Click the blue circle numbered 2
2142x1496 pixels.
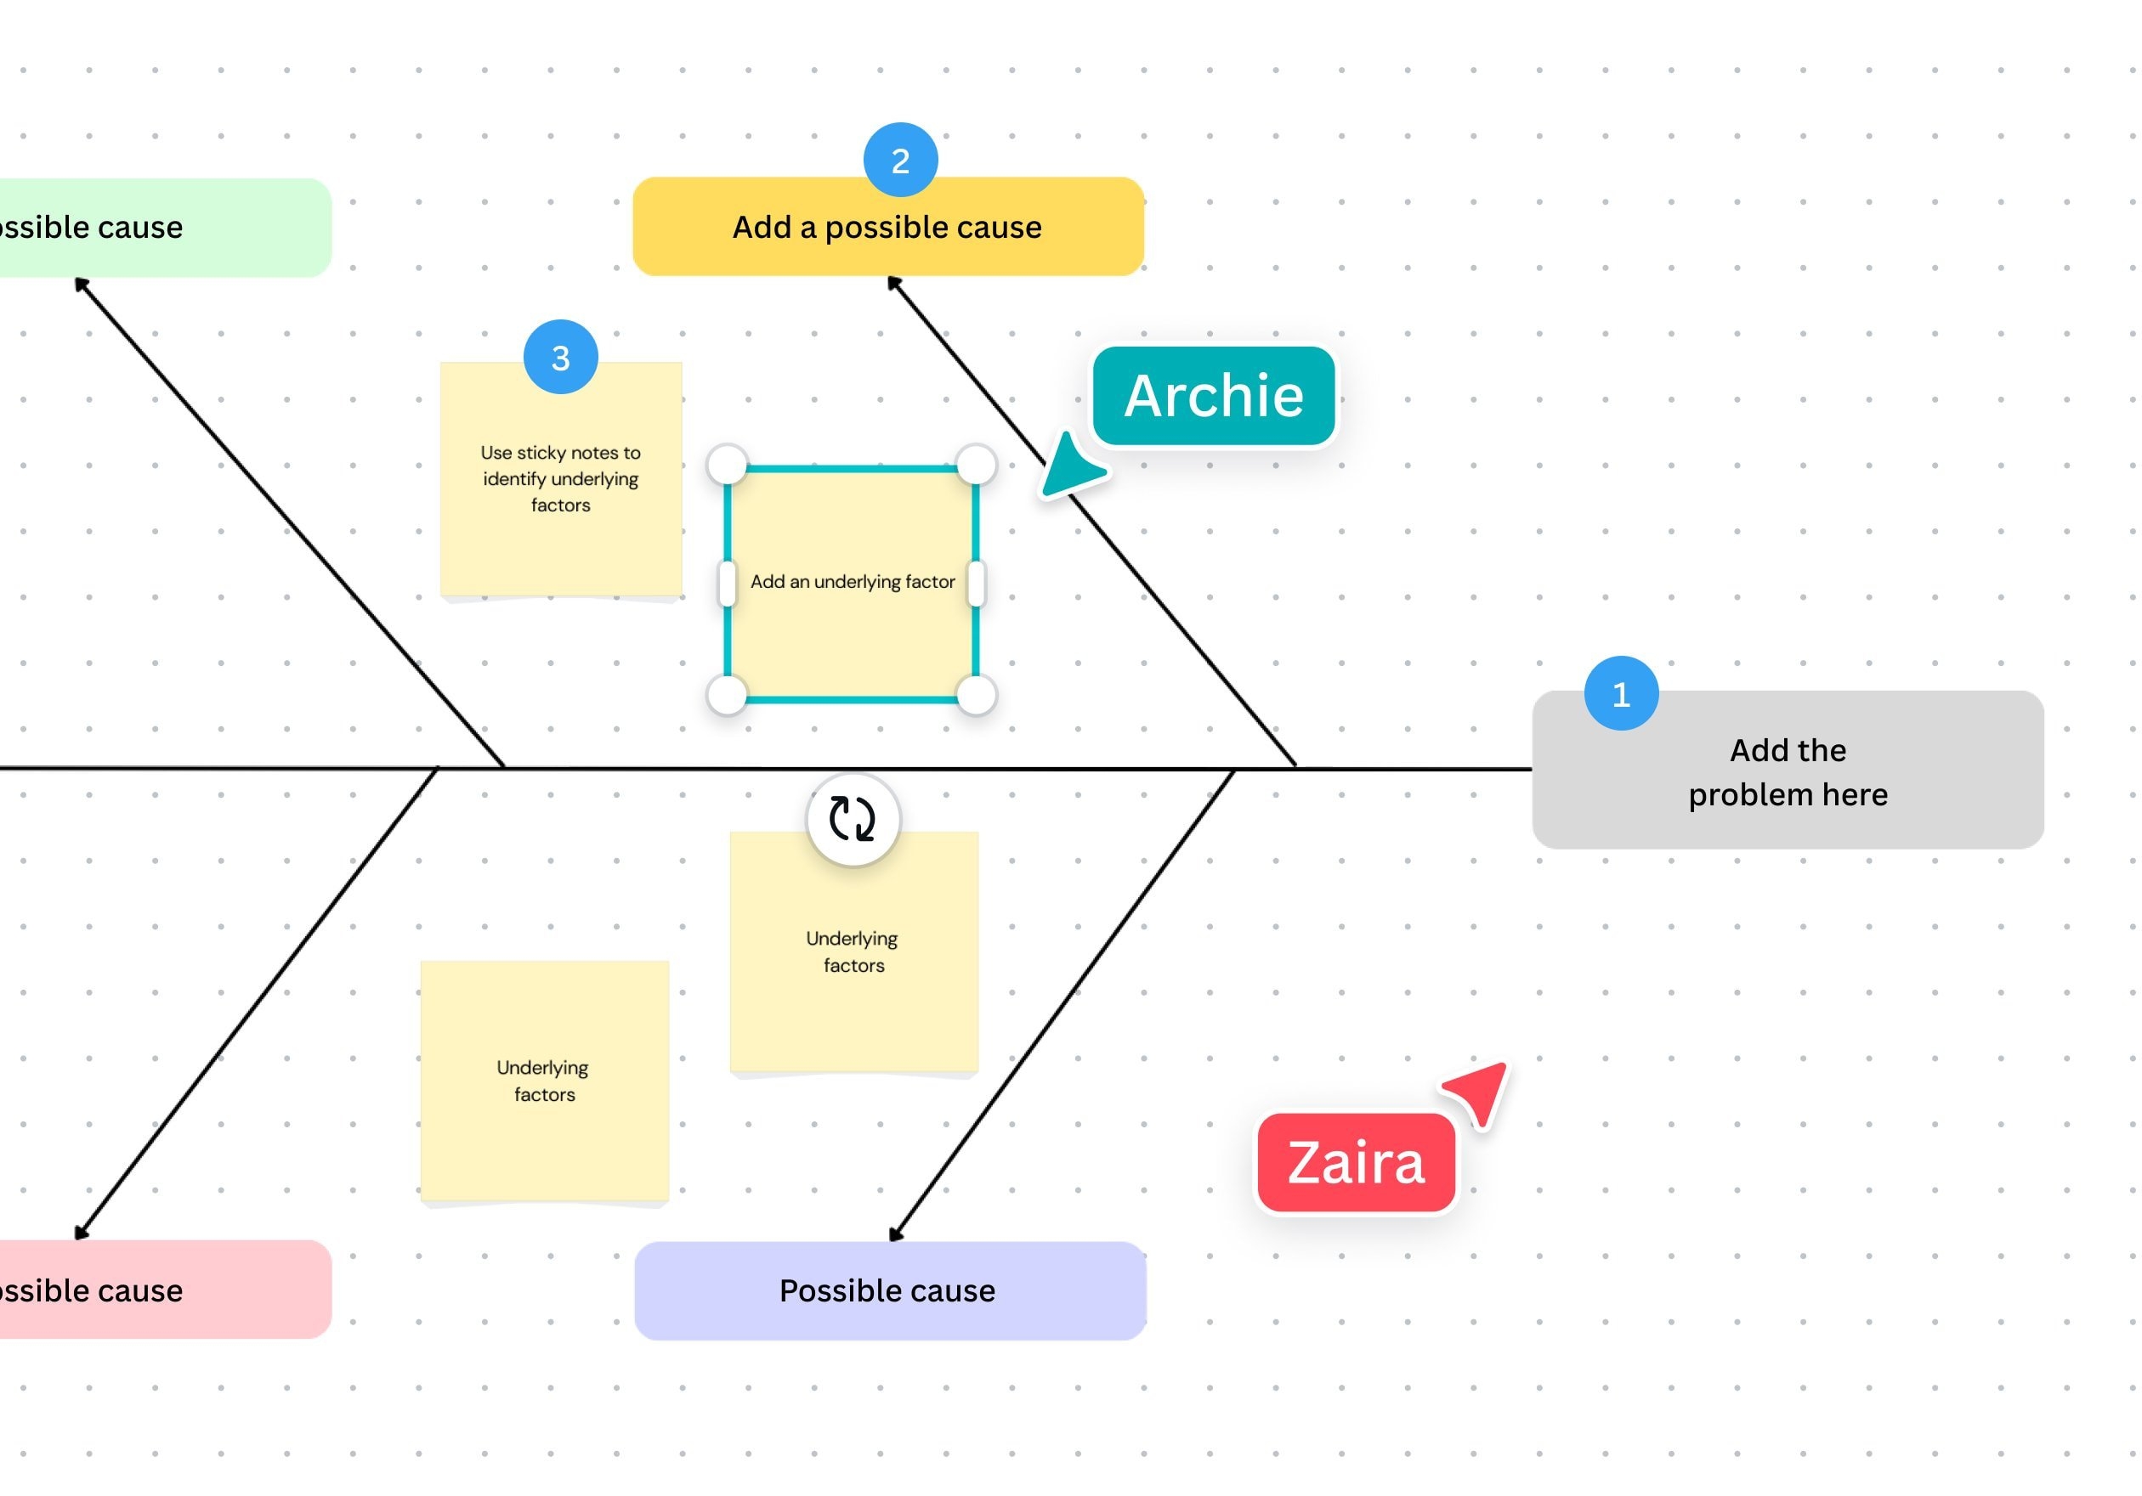(x=899, y=161)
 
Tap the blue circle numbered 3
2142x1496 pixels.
(x=560, y=357)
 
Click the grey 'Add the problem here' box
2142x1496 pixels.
(x=1787, y=771)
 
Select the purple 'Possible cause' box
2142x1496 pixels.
(x=889, y=1290)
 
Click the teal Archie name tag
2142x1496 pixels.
(x=1213, y=396)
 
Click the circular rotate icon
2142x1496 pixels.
(x=852, y=819)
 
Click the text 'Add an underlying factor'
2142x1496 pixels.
(x=852, y=582)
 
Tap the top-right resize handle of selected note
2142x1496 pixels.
(x=976, y=465)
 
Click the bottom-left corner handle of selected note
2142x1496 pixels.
(x=727, y=695)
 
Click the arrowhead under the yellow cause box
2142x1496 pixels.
(x=893, y=283)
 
